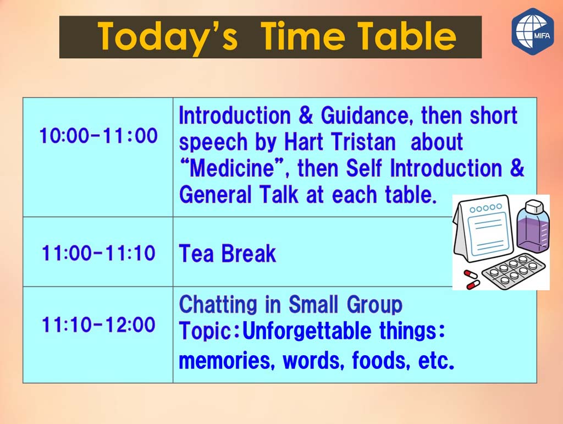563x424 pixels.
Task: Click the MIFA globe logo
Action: coord(533,31)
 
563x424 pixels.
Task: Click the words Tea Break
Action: coord(227,254)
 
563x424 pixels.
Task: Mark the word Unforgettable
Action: coord(307,331)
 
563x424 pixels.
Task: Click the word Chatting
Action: coord(218,305)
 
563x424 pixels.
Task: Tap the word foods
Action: coord(381,360)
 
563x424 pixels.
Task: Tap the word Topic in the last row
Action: coord(209,332)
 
